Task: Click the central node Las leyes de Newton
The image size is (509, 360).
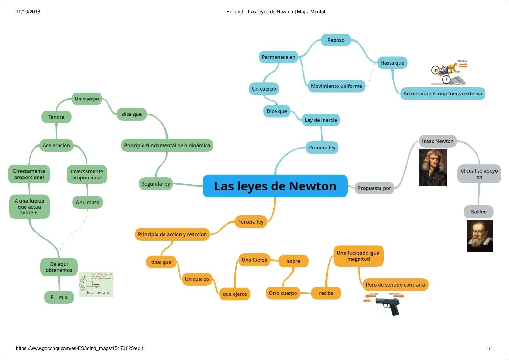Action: coord(275,186)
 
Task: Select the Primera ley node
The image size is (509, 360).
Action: coord(322,148)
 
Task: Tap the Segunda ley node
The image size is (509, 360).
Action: coord(156,184)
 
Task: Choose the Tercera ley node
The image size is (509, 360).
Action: coord(251,222)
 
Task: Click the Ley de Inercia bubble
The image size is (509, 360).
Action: coord(321,120)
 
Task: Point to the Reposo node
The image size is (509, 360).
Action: coord(336,40)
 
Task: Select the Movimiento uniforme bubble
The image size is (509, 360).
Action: coord(336,86)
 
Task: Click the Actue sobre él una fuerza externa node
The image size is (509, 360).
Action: coord(443,93)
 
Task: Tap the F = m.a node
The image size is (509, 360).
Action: coord(59,297)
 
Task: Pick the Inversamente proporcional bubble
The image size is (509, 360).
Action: coord(87,174)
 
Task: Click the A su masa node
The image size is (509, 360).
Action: coord(87,202)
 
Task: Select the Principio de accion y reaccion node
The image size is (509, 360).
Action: coord(172,234)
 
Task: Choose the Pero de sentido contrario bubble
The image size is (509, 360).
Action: coord(395,285)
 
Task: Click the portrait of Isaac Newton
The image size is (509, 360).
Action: coord(433,167)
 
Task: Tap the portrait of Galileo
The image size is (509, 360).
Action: coord(480,236)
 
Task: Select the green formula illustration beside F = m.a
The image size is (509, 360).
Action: coord(96,284)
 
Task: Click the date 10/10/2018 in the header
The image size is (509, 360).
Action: coord(28,12)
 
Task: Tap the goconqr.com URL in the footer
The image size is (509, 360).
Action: coord(79,348)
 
